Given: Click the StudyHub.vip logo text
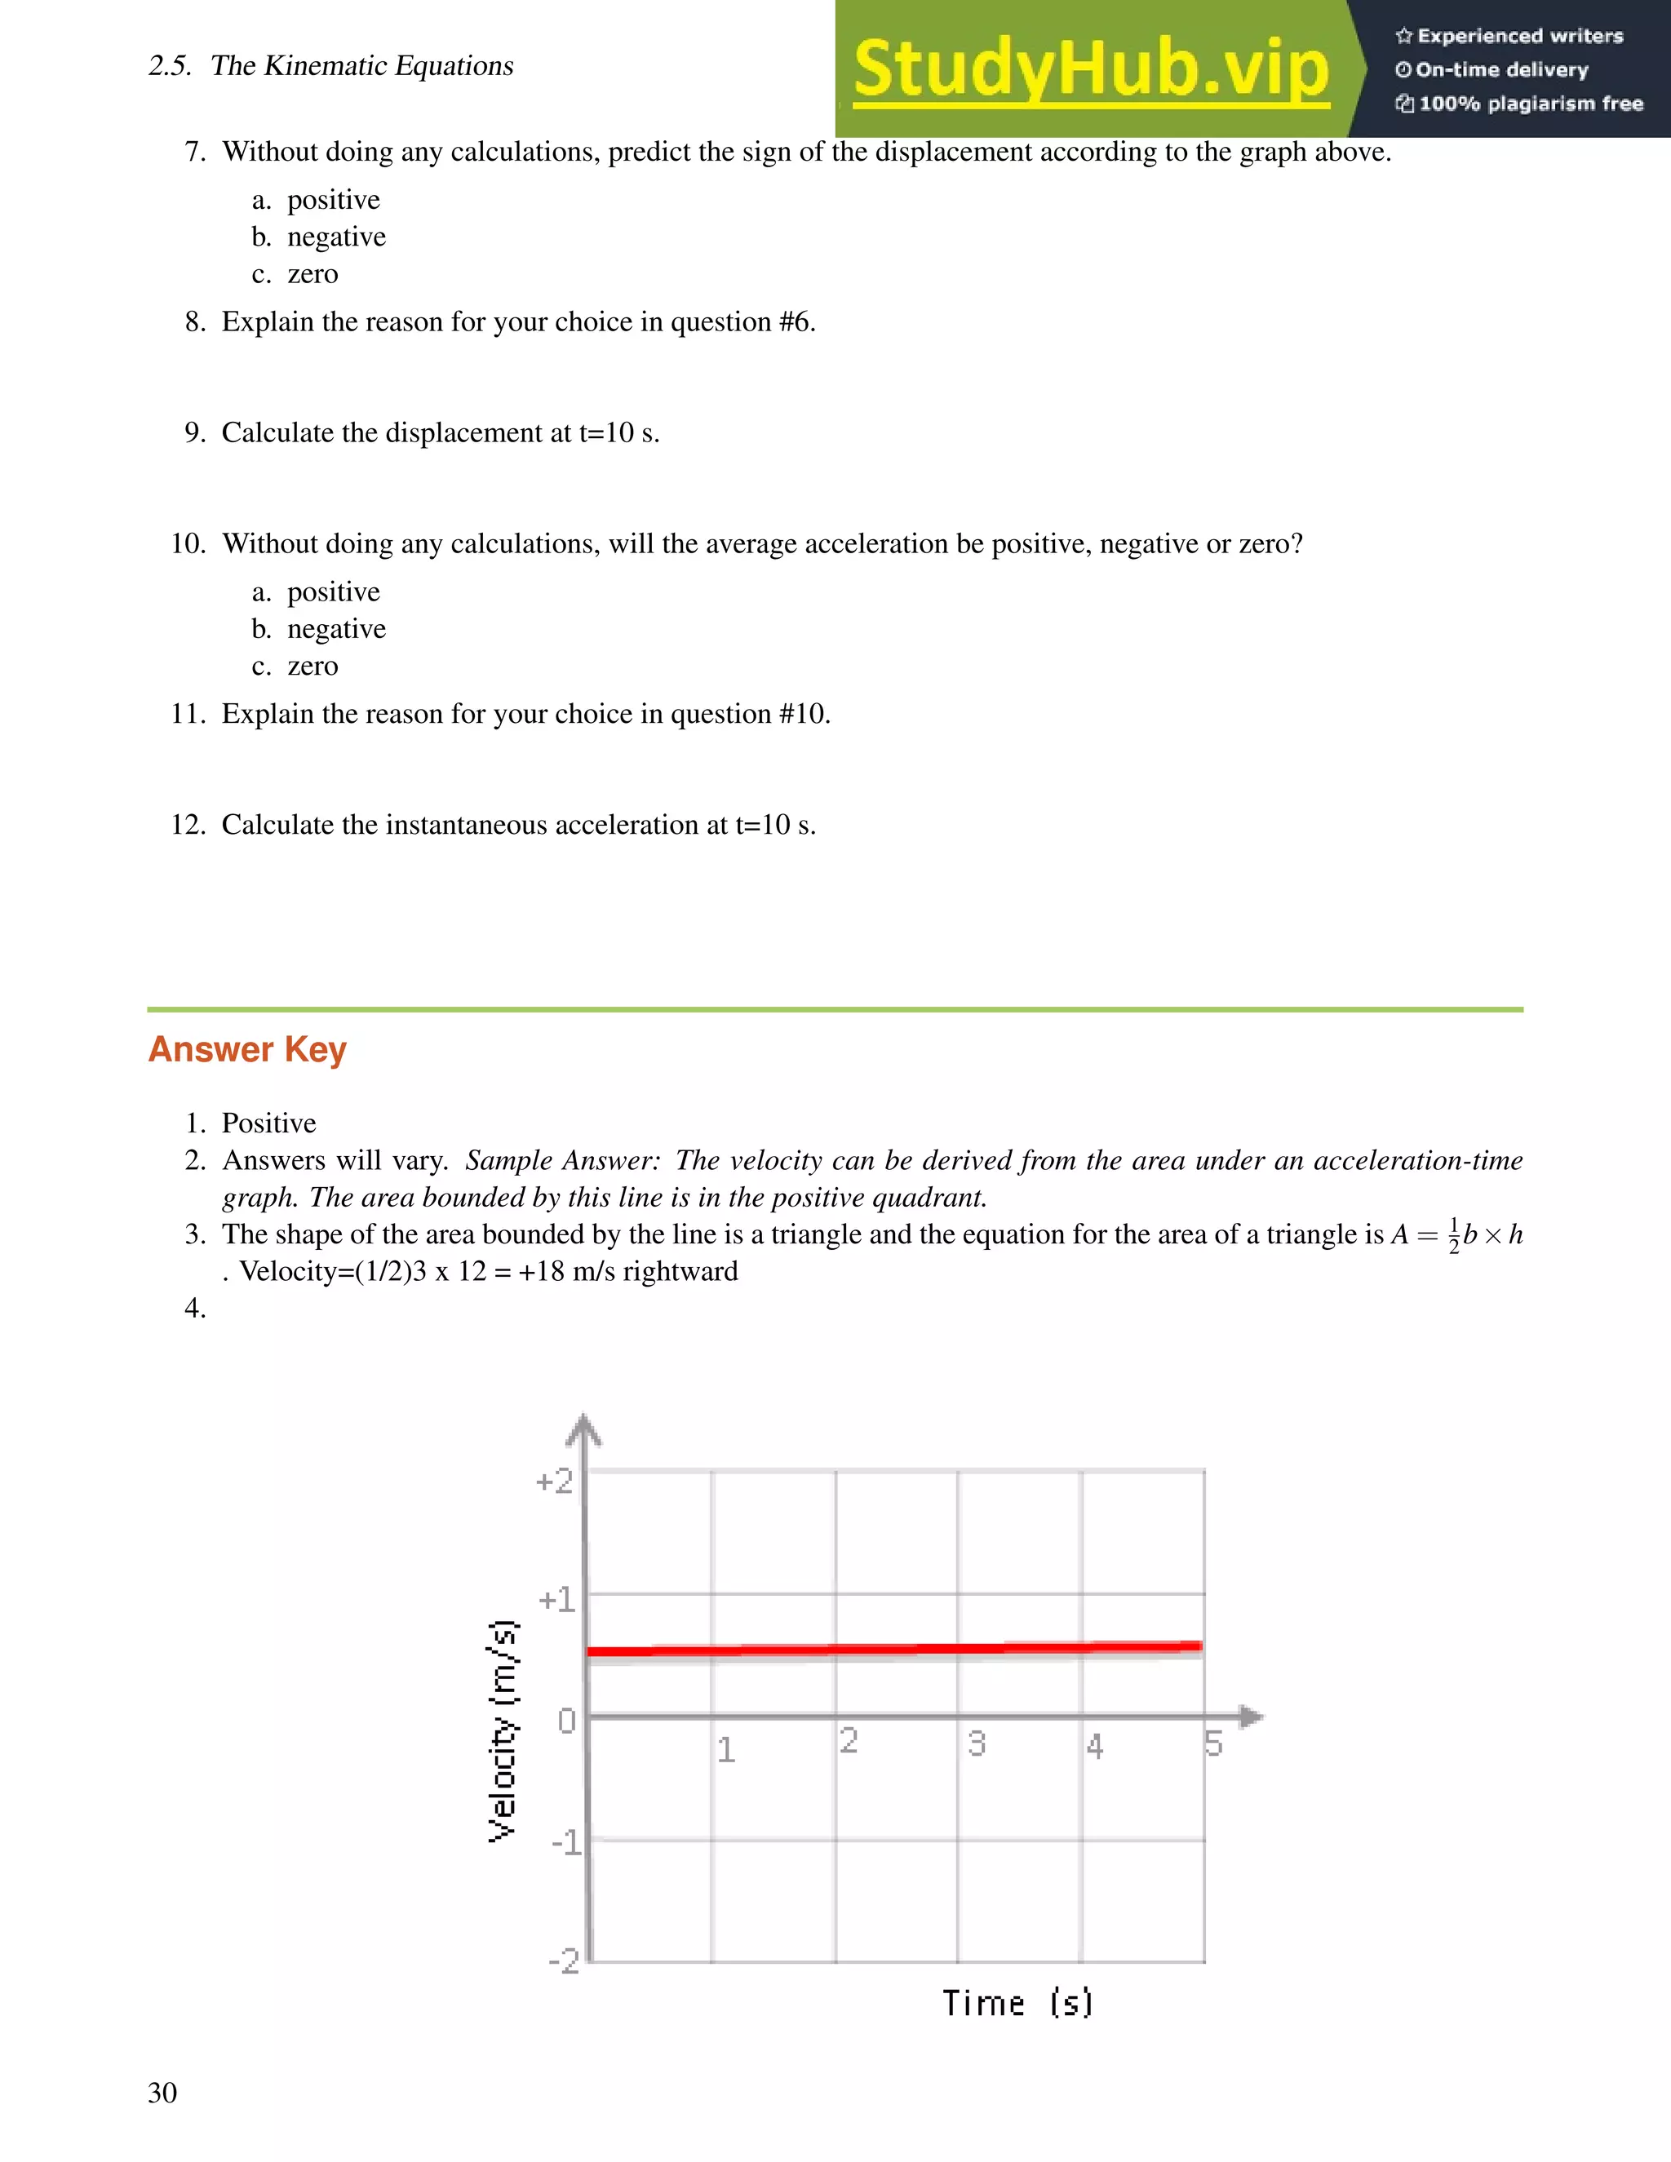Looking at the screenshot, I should [x=1090, y=69].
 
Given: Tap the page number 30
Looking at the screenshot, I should [x=162, y=2092].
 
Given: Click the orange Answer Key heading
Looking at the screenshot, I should [x=247, y=1049].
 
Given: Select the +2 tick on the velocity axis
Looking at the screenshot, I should [x=554, y=1482].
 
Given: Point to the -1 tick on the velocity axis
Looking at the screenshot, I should [x=566, y=1842].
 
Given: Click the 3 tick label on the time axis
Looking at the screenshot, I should [x=976, y=1743].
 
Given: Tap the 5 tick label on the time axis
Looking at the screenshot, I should [x=1213, y=1743].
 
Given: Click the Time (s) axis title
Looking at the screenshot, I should [x=1017, y=2004].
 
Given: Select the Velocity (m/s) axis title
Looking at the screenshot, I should [x=503, y=1730].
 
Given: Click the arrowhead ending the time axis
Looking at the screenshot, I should [x=1252, y=1717].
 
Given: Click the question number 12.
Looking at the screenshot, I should [x=187, y=825].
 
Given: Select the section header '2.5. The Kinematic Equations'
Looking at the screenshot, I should [x=330, y=66].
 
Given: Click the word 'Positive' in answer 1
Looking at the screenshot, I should [x=268, y=1123].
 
